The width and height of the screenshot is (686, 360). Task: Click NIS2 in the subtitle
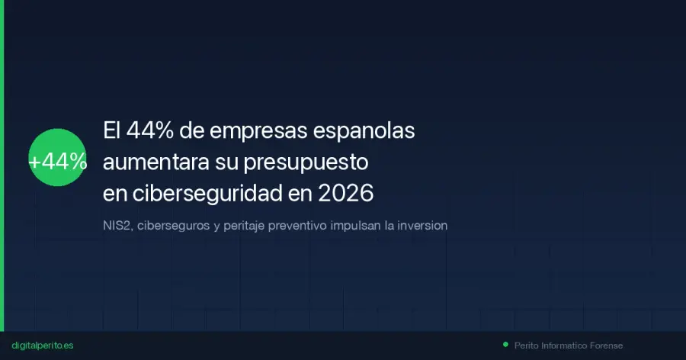point(117,226)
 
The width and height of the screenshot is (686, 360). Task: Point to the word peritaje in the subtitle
point(242,226)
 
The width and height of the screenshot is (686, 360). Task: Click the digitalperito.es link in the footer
point(43,346)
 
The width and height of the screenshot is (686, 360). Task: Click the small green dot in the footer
point(505,345)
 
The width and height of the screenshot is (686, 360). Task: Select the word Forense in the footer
point(605,346)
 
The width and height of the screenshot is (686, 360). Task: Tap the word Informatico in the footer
point(563,346)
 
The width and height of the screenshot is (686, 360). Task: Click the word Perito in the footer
point(526,346)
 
